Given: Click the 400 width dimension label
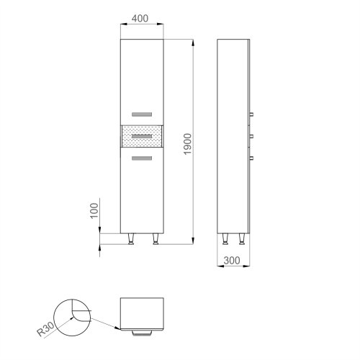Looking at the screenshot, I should click(x=142, y=18).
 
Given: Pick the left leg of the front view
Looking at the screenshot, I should click(x=130, y=239).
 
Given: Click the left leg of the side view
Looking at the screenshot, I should click(x=226, y=239).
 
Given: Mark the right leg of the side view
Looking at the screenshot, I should click(x=243, y=239).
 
